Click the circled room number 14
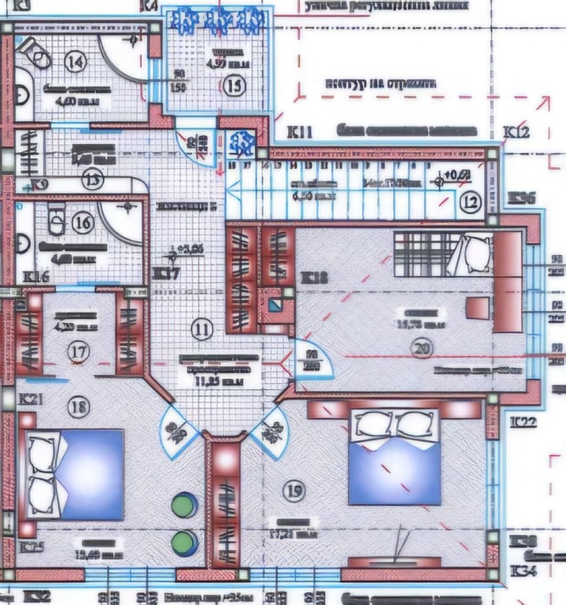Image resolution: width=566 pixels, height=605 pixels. pos(74,62)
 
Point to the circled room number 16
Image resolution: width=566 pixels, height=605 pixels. pos(83,223)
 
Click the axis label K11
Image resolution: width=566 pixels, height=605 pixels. pos(299,132)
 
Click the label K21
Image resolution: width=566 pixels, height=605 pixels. pos(33,399)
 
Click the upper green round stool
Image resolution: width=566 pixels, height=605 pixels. pos(185,505)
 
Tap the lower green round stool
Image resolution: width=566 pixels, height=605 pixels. pos(185,541)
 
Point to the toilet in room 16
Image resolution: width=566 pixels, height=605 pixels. pos(55,221)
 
